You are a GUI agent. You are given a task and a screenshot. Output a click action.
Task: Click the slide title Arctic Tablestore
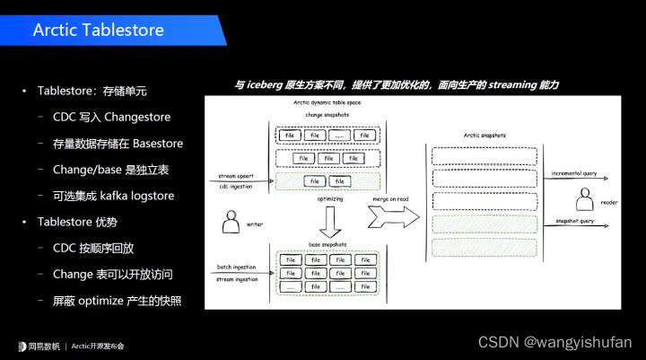coord(98,31)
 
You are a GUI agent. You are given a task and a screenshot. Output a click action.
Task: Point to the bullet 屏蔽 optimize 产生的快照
coord(110,300)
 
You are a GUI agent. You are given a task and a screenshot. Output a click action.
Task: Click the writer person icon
coord(231,220)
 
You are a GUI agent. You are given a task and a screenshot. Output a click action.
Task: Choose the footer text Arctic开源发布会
coord(98,346)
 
